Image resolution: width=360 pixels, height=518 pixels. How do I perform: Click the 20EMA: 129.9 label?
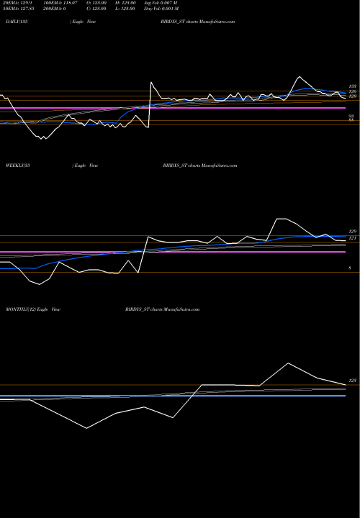pyautogui.click(x=16, y=4)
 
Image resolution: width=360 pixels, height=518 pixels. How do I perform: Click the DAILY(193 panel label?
pyautogui.click(x=14, y=23)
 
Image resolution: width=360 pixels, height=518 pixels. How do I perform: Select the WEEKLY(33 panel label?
pyautogui.click(x=15, y=165)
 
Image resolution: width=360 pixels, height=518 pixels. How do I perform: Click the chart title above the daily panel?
pyautogui.click(x=194, y=23)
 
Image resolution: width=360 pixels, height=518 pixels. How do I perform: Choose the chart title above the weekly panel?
pyautogui.click(x=196, y=165)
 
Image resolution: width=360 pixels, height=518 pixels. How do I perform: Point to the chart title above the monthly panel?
pyautogui.click(x=157, y=308)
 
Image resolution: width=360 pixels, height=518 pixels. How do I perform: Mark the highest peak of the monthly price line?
pyautogui.click(x=288, y=363)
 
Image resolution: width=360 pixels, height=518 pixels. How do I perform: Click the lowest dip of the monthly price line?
pyautogui.click(x=88, y=428)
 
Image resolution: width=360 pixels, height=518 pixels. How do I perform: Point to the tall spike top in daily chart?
pyautogui.click(x=150, y=83)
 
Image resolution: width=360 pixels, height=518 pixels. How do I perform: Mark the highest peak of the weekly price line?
pyautogui.click(x=281, y=219)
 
